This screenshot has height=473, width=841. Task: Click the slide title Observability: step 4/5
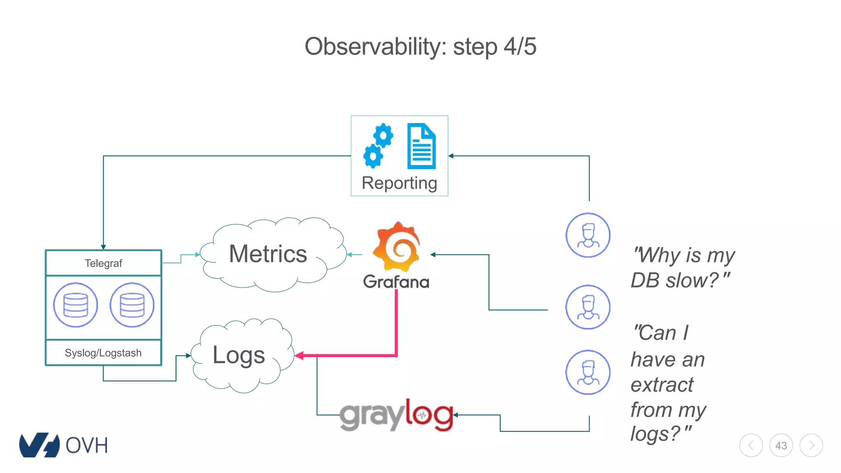coord(420,46)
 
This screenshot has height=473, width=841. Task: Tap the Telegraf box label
coord(103,263)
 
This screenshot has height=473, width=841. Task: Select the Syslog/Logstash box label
coord(103,353)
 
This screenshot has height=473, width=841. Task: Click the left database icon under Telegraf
coord(76,305)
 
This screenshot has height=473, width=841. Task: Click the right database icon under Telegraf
coord(132,305)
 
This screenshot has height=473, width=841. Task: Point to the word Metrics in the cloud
coord(268,254)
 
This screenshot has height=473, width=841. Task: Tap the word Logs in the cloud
coord(239,355)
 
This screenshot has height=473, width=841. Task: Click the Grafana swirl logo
coord(396,247)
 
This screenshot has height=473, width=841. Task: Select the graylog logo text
coord(396,416)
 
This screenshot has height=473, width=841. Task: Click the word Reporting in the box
coord(399,183)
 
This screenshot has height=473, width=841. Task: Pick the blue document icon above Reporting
coord(421,146)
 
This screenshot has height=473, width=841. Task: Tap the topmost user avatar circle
coord(588,235)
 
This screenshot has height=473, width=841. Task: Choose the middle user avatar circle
coord(588,307)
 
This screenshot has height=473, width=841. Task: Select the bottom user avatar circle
coord(588,372)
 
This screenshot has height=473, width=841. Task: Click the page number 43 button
coord(781,445)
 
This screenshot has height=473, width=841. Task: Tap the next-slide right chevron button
coord(811,445)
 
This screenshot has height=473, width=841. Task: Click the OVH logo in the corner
coord(64,445)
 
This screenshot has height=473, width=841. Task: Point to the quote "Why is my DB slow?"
coord(683,268)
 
